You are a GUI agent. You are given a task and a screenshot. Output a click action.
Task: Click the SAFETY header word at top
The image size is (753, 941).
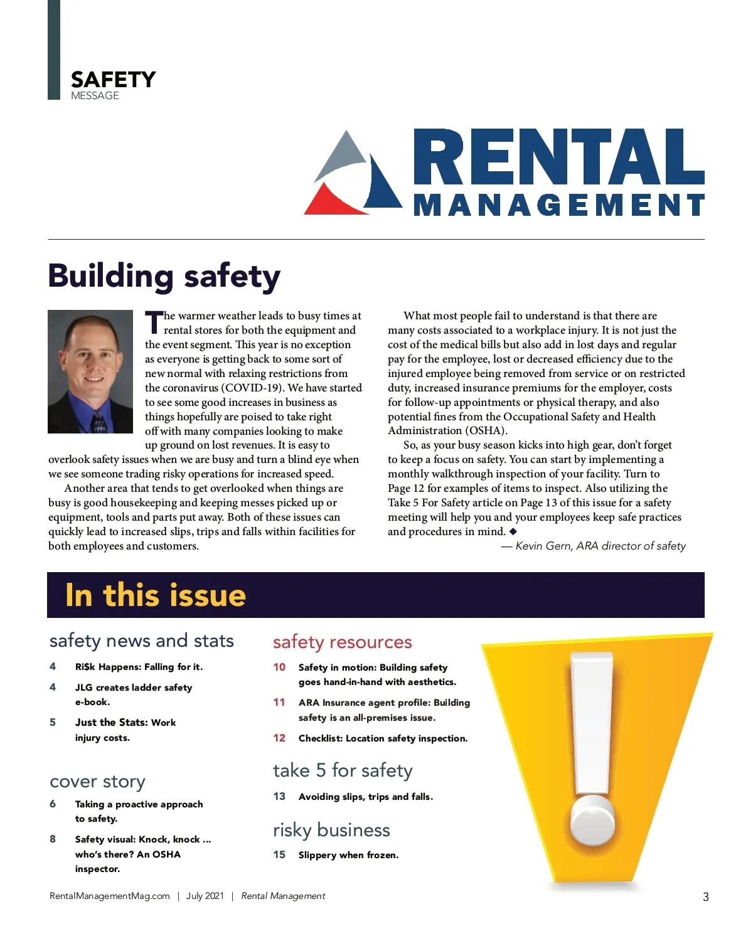113,80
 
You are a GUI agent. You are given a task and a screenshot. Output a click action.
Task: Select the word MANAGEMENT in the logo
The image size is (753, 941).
558,205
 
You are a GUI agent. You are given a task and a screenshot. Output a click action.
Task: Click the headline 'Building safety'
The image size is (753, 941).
164,276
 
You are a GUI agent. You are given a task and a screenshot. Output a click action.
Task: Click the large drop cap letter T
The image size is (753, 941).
154,322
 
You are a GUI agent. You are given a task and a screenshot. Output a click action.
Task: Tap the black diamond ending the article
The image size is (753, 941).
513,531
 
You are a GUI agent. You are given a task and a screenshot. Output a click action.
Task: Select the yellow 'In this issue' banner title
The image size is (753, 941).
156,595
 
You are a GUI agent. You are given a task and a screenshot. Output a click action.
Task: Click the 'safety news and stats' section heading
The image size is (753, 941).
142,641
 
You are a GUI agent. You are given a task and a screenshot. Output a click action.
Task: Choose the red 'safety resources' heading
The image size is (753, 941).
343,642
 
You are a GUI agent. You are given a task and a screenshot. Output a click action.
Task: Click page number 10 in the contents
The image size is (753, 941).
279,667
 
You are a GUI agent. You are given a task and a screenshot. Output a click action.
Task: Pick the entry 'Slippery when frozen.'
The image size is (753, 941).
348,855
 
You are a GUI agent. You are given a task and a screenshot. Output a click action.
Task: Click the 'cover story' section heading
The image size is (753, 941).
97,782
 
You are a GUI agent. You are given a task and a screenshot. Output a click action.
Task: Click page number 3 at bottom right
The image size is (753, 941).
706,896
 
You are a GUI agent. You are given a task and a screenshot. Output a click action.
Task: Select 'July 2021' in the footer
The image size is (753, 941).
205,896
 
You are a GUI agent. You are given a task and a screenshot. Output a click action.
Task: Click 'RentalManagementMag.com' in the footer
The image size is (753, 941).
110,896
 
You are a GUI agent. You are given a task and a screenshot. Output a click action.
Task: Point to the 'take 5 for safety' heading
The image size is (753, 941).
343,770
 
